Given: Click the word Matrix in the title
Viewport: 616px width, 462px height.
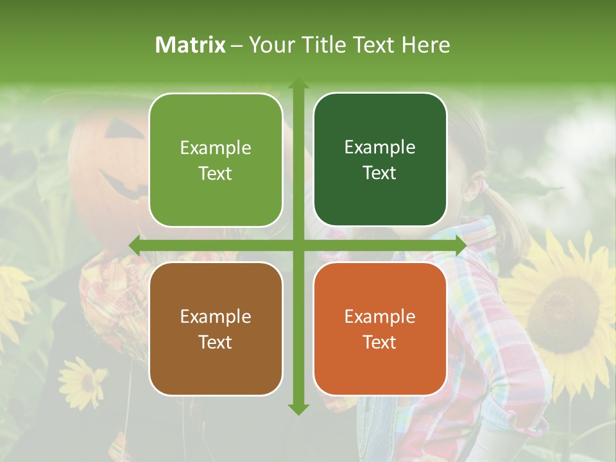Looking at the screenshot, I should tap(191, 45).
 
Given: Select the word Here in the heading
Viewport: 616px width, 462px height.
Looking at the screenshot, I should tap(425, 45).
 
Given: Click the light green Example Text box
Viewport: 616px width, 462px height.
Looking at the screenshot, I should tap(216, 160).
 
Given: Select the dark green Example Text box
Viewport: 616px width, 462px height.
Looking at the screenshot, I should tap(380, 160).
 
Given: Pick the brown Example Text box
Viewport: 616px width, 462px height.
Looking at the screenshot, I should tap(216, 329).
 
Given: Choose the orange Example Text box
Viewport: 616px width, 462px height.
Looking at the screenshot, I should tap(380, 329).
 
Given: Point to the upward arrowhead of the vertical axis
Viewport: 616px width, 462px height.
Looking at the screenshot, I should tap(298, 83).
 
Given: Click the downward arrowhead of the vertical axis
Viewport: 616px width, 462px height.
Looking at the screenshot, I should tap(298, 409).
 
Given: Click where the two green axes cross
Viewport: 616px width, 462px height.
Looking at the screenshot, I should tap(298, 246).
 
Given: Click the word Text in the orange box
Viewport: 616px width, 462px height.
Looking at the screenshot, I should tap(380, 342).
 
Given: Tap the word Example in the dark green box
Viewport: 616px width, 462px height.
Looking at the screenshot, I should tap(380, 148).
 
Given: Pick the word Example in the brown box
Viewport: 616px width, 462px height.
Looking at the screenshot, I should tap(216, 316).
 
